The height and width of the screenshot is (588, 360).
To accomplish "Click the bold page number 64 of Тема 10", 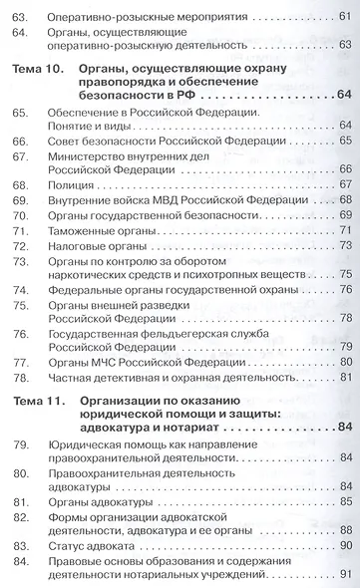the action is pos(345,95).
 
